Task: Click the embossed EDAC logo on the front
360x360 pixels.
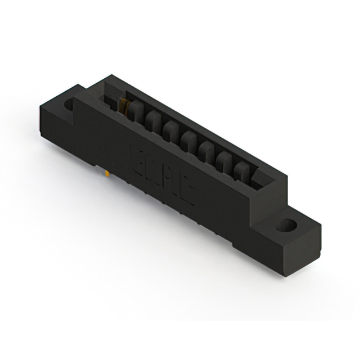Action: coord(163,171)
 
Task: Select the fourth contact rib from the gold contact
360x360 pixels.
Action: coord(189,139)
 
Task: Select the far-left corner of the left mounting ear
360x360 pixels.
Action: coord(40,107)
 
